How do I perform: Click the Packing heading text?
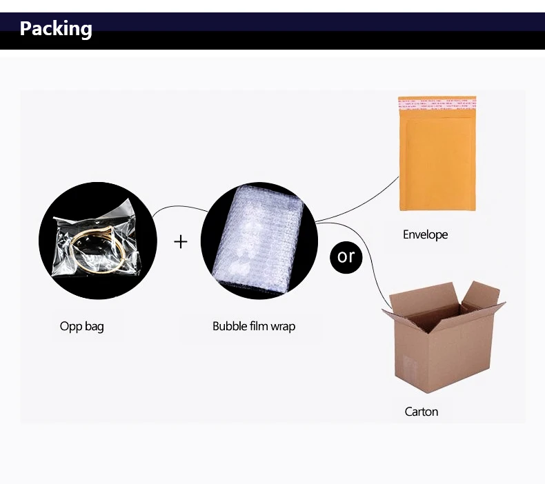click(x=56, y=29)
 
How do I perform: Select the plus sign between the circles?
click(x=180, y=241)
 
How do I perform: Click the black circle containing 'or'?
click(x=346, y=257)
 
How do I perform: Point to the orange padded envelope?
click(x=437, y=153)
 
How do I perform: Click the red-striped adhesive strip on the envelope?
click(x=437, y=104)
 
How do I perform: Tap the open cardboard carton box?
click(x=444, y=337)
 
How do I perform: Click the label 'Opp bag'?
click(x=81, y=327)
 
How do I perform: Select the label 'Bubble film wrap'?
click(x=254, y=326)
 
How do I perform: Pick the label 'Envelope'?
click(x=425, y=235)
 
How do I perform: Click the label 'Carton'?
click(x=422, y=412)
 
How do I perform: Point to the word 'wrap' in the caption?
click(x=283, y=327)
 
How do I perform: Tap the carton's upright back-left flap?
click(x=424, y=294)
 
